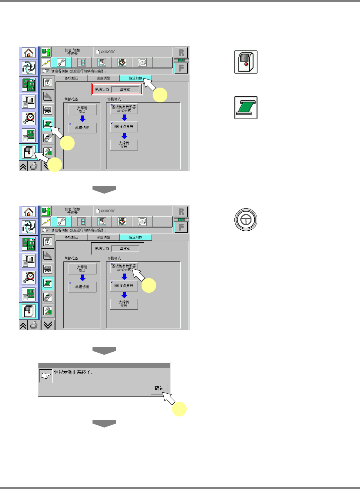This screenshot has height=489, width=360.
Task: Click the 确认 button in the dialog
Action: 159,388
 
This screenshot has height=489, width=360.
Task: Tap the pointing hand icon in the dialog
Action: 46,376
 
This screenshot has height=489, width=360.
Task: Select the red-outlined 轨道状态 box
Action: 117,89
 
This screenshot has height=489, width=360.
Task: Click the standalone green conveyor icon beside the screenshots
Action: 246,108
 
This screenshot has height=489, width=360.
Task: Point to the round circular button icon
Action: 246,219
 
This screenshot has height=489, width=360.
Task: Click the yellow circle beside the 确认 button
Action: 179,409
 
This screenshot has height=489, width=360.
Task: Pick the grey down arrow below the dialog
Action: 104,423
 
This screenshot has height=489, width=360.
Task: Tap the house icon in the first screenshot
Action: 29,52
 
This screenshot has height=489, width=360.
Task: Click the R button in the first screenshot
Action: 181,52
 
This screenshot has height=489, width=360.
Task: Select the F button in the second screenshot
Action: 181,227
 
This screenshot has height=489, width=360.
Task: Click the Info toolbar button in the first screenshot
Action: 142,62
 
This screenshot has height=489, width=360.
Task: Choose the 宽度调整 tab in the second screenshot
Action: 104,237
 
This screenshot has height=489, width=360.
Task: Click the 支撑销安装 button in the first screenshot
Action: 124,145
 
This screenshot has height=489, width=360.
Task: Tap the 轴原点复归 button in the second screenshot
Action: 124,286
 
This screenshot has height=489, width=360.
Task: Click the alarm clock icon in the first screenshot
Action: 29,118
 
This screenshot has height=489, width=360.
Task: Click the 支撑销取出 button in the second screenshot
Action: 82,269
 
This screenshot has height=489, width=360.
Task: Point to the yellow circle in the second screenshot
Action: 149,286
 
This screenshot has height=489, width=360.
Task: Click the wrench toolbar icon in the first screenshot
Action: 61,62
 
